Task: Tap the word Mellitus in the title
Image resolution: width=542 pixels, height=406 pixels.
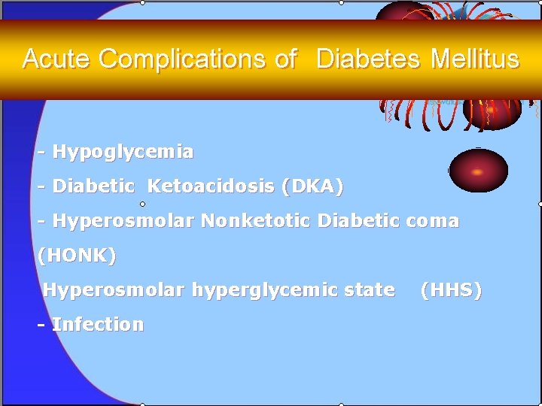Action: [x=474, y=59]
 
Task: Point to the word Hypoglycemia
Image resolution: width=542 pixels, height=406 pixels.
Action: [x=123, y=152]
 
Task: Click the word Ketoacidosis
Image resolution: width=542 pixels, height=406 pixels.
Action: [x=212, y=186]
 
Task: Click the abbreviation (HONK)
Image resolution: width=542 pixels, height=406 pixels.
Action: [x=77, y=256]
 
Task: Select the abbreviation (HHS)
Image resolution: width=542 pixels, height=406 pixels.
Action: [x=451, y=290]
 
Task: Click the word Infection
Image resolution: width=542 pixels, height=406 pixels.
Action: [x=97, y=325]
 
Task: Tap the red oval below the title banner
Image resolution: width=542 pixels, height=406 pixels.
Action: [x=478, y=169]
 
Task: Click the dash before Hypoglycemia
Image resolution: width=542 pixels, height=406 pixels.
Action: [x=42, y=153]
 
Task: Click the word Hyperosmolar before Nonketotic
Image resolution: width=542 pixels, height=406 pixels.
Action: [x=123, y=221]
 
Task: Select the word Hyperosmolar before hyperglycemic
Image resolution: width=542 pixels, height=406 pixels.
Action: [x=113, y=290]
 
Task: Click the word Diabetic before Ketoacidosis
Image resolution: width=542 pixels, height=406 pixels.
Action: [x=93, y=186]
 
